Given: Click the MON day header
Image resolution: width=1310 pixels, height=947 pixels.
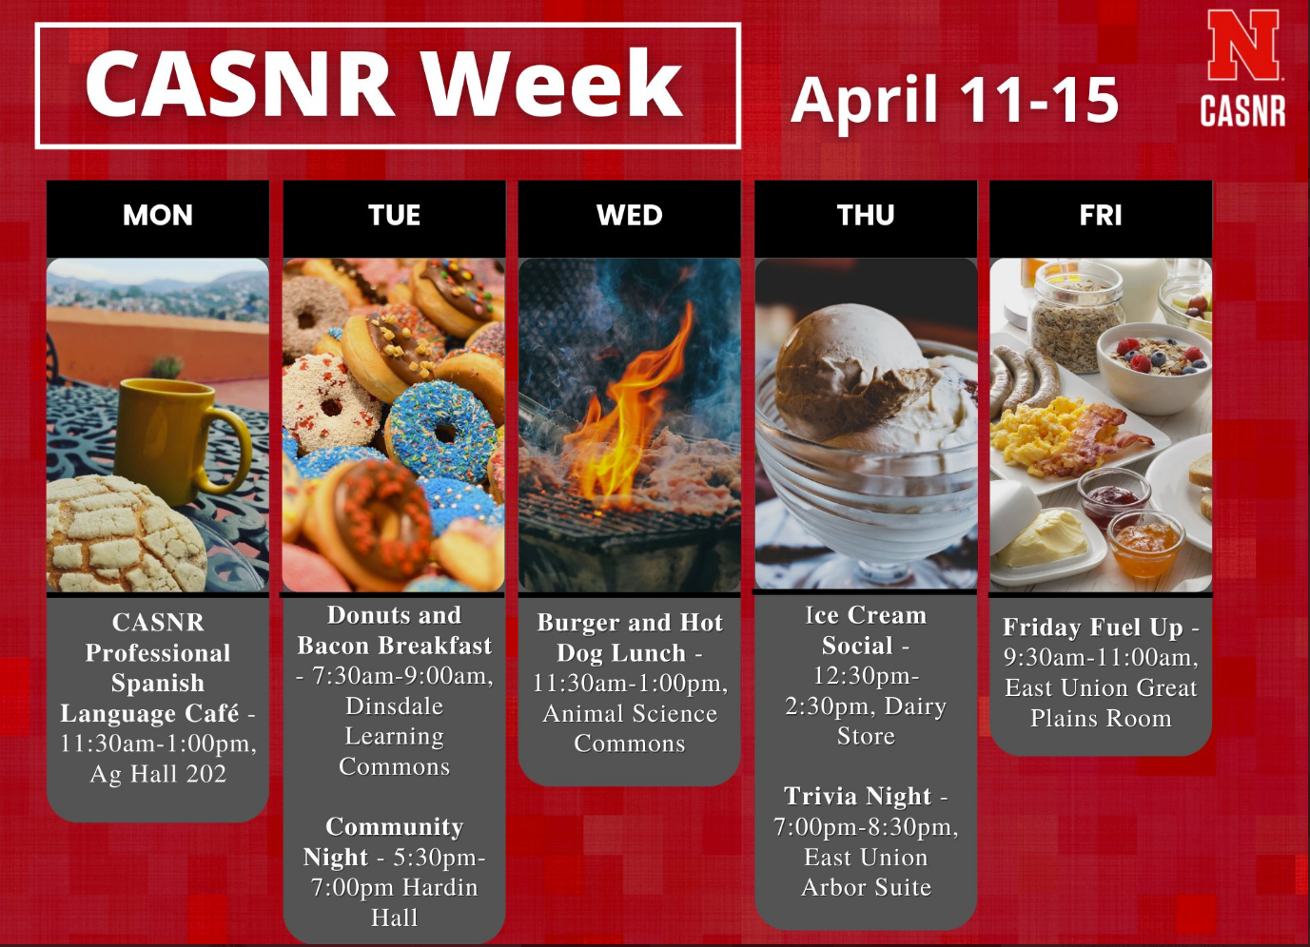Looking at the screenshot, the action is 158,215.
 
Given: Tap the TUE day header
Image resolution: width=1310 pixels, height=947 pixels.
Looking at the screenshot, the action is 394,215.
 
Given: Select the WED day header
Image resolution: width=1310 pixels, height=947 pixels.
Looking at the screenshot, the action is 629,215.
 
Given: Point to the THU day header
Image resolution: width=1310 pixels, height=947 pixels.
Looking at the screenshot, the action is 866,215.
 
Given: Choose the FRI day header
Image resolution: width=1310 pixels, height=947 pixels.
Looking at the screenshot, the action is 1101,215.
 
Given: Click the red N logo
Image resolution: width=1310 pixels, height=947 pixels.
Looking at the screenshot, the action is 1242,45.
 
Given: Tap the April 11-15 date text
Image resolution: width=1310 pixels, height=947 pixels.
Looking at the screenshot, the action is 954,101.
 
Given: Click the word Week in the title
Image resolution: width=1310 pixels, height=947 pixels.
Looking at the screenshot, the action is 554,84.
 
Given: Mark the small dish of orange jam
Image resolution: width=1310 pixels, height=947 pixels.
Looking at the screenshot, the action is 1146,543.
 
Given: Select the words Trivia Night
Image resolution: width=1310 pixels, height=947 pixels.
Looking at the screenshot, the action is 857,796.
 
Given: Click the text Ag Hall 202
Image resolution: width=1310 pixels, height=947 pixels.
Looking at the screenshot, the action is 158,774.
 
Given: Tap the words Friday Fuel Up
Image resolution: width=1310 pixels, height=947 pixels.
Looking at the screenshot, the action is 1092,628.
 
